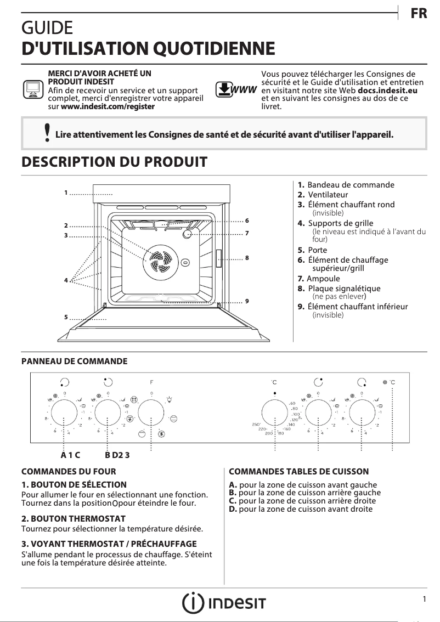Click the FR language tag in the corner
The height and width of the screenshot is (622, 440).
(x=419, y=14)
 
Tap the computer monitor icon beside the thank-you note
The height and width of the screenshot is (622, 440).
(x=33, y=89)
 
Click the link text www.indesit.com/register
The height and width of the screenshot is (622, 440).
(x=108, y=106)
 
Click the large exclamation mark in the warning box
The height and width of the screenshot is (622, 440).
(x=48, y=133)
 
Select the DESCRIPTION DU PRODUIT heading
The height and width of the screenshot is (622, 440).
(x=114, y=162)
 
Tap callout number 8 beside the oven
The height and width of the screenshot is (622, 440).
(x=247, y=257)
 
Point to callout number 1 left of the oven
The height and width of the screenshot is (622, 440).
(x=65, y=193)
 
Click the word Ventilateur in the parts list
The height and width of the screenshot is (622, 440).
(x=328, y=195)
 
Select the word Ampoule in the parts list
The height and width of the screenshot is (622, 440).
(x=324, y=279)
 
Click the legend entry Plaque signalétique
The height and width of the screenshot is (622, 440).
(x=344, y=289)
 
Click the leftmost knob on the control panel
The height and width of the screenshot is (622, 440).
(x=65, y=413)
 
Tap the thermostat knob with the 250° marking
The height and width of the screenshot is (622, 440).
(x=274, y=413)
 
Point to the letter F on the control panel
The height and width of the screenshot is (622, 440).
(x=151, y=381)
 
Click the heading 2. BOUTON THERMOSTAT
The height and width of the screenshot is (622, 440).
(x=74, y=518)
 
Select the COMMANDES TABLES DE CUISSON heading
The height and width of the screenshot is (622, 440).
(x=298, y=471)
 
